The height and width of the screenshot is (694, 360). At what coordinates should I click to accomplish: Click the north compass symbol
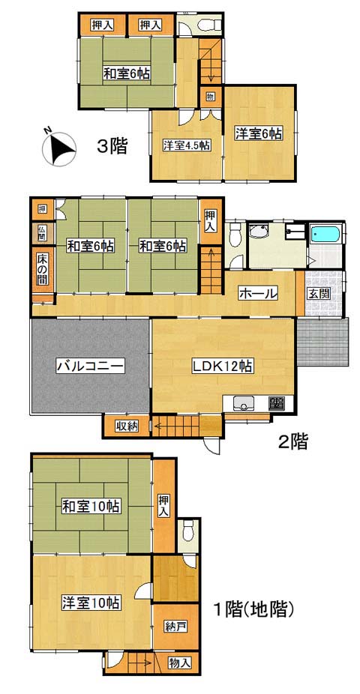(x=58, y=148)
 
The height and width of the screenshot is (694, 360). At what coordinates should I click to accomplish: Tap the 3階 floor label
(x=112, y=146)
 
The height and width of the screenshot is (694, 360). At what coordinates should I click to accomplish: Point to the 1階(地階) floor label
(x=254, y=610)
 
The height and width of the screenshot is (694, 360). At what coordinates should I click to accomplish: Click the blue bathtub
(x=325, y=234)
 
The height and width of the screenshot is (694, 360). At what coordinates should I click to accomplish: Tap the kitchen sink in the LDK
(x=242, y=403)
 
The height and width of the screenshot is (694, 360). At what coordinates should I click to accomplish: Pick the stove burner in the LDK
(x=277, y=402)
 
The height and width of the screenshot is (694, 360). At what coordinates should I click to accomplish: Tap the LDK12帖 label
(x=222, y=366)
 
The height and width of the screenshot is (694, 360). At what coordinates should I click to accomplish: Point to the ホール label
(x=258, y=292)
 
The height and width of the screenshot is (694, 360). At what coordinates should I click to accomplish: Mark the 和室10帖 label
(x=90, y=506)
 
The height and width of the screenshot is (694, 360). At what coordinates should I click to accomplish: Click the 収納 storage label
(x=127, y=426)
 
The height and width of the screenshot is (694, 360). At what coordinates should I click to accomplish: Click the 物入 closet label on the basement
(x=180, y=663)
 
